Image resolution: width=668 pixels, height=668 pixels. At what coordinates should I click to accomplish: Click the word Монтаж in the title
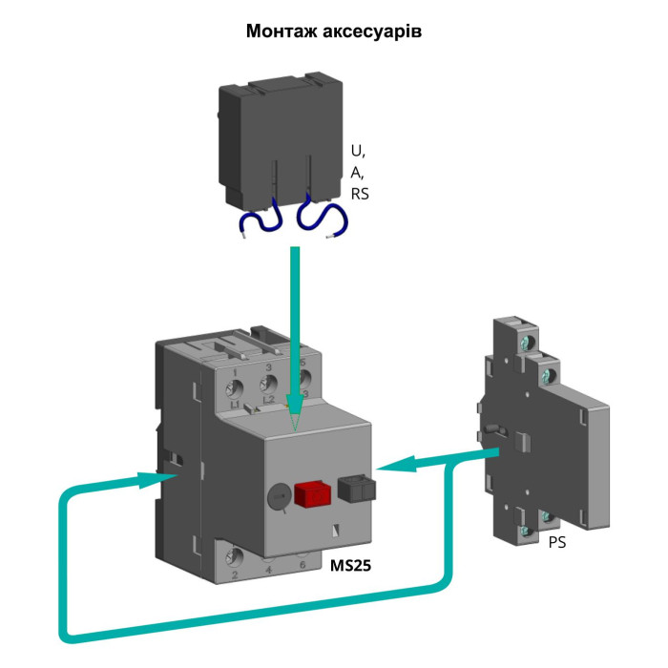coord(282,31)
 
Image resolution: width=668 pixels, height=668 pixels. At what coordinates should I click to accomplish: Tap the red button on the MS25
coord(310,493)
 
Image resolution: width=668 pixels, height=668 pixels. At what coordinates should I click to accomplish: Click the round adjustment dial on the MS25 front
coord(278,496)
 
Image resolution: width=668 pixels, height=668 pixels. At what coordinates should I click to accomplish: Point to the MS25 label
coord(350,565)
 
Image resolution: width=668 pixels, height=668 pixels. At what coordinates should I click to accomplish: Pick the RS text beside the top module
coord(360,194)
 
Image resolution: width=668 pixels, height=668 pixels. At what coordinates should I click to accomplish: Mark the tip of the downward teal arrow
coord(296,427)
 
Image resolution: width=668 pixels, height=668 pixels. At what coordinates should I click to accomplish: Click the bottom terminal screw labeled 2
coord(235,556)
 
